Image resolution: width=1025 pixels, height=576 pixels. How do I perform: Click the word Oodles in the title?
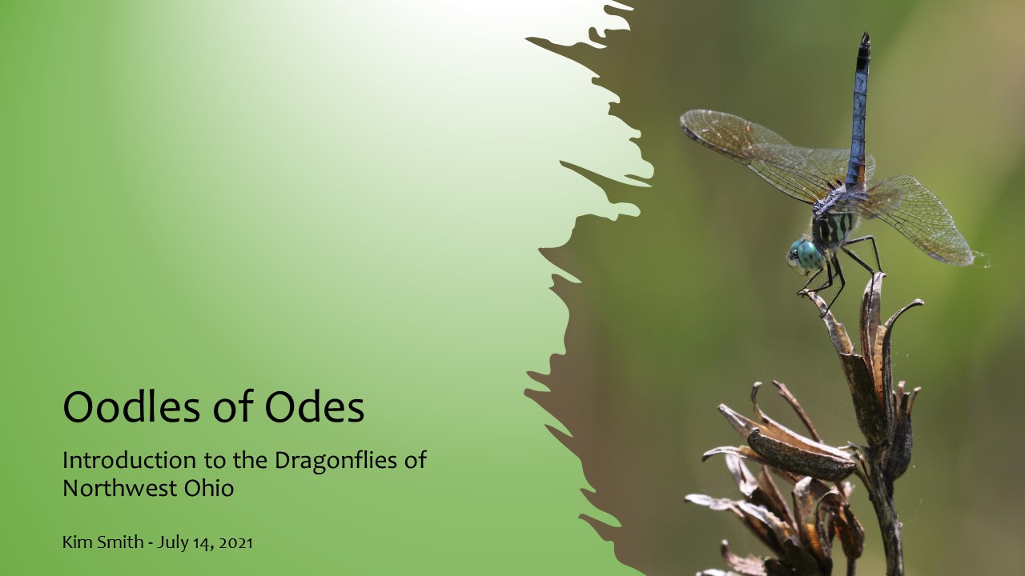coord(131,406)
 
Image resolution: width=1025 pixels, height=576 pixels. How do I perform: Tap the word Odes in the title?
coord(315,406)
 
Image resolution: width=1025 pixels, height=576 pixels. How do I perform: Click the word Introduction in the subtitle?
coord(129,460)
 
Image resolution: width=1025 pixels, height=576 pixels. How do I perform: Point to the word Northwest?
coord(120,488)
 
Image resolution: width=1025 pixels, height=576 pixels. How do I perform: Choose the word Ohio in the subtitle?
coord(209,488)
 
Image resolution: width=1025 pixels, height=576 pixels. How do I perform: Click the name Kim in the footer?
coord(72,542)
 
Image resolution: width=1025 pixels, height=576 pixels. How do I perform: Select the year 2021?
coord(235,543)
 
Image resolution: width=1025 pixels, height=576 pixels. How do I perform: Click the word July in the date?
coord(170,543)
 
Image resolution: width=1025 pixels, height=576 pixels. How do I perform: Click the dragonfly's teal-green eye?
coord(809,255)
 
